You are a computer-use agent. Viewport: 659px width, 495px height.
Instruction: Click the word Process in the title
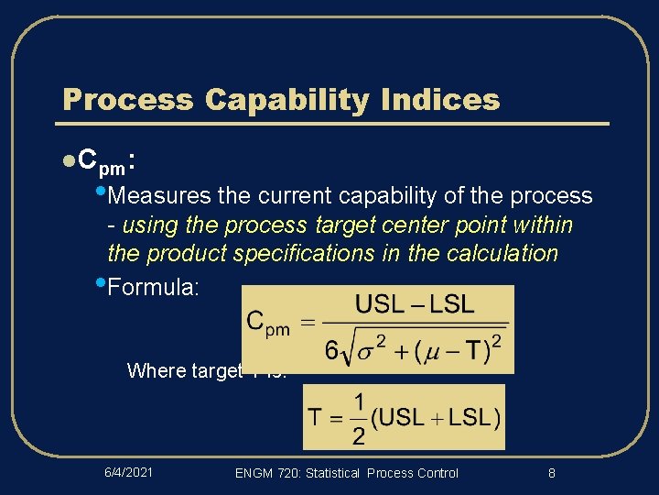[127, 100]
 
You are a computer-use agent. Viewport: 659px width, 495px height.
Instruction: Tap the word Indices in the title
[450, 100]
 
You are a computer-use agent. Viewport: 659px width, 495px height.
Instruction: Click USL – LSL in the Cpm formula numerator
[415, 304]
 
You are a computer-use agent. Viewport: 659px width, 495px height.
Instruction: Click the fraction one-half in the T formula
[358, 418]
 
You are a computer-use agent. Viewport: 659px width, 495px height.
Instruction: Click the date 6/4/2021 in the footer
[127, 472]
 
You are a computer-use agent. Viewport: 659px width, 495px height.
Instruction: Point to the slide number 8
[551, 472]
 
